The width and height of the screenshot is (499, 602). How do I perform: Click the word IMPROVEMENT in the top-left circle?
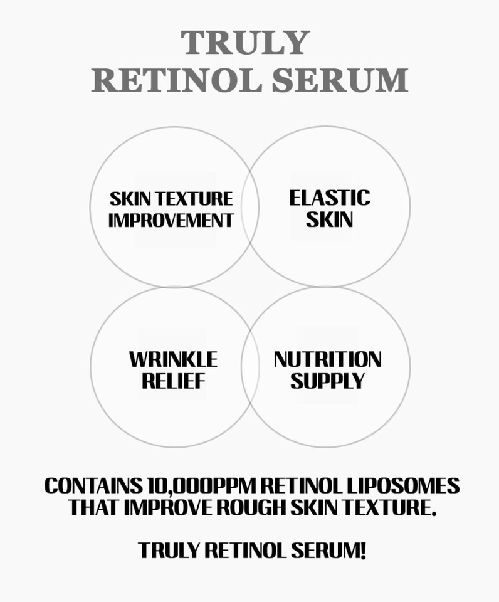pos(171,220)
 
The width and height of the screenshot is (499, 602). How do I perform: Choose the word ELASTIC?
pos(329,198)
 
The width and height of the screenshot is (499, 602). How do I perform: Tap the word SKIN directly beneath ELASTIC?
pos(329,219)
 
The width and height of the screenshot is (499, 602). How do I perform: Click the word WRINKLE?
pos(174,360)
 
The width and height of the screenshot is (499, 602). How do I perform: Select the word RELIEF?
pos(174,381)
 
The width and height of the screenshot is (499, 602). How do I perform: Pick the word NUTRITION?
pos(327,360)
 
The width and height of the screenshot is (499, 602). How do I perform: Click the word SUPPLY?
pos(327,381)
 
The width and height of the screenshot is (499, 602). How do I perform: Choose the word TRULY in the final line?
pos(168,551)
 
